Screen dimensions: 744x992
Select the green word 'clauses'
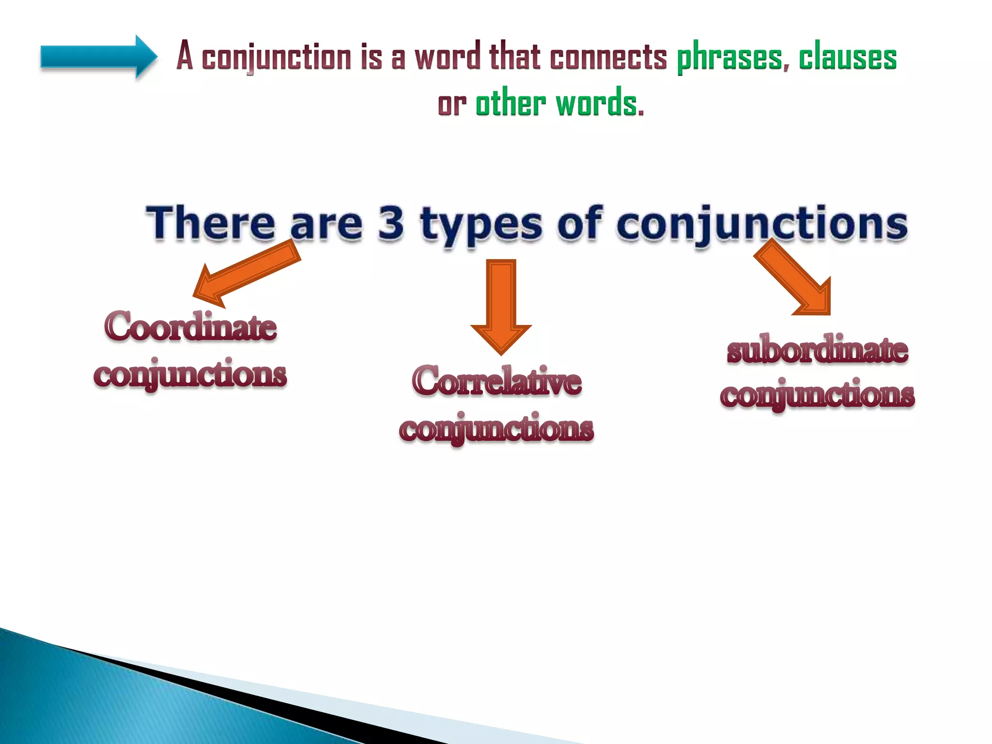(848, 57)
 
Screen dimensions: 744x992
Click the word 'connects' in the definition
(608, 57)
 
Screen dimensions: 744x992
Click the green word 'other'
(511, 104)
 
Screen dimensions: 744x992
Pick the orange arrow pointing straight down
(501, 305)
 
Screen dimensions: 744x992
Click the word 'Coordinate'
(190, 326)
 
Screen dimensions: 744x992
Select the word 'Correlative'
(496, 381)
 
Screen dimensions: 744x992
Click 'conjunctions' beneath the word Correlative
(496, 429)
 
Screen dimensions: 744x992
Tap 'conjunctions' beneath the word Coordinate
(190, 374)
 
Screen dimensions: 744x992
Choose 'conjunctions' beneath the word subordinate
(817, 395)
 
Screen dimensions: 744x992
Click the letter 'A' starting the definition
(185, 56)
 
